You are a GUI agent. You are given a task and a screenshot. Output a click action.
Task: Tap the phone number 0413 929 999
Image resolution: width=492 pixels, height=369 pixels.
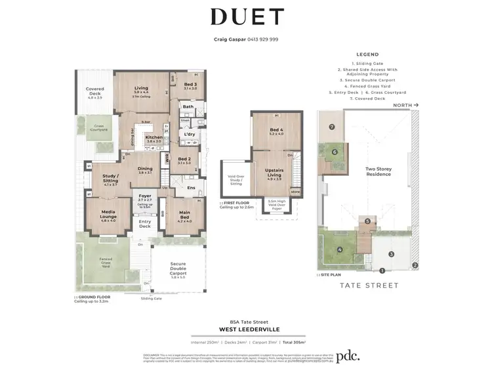click(260, 39)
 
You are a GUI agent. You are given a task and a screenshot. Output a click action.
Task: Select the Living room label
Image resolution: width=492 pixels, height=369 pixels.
click(141, 88)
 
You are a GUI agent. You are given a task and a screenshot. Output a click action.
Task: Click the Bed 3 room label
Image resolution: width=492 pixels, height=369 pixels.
click(190, 85)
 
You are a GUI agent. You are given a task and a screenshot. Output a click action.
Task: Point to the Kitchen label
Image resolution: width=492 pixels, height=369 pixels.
click(154, 137)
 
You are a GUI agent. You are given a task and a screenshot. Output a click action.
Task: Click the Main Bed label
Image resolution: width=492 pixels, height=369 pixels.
click(184, 214)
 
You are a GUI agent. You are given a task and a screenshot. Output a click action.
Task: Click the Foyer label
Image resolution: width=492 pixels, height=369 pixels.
click(144, 195)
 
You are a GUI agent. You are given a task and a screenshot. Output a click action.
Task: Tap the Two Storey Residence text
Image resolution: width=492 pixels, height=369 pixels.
click(379, 171)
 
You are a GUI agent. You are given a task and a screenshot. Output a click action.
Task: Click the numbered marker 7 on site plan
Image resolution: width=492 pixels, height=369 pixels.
click(332, 127)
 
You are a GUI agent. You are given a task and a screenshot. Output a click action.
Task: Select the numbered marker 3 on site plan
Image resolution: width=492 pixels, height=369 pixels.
click(390, 253)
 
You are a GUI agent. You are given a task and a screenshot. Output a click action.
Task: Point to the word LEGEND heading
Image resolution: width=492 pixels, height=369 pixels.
click(367, 55)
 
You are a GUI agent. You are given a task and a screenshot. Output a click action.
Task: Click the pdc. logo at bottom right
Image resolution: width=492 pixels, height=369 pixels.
click(349, 356)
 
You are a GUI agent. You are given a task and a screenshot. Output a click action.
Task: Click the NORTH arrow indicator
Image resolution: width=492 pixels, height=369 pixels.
click(405, 104)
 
